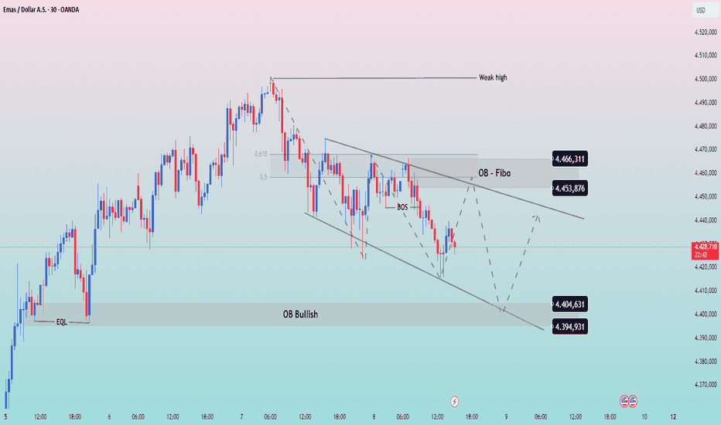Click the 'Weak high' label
493,78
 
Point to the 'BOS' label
403,207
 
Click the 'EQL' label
61,321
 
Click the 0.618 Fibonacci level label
261,154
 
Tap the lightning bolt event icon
455,401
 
